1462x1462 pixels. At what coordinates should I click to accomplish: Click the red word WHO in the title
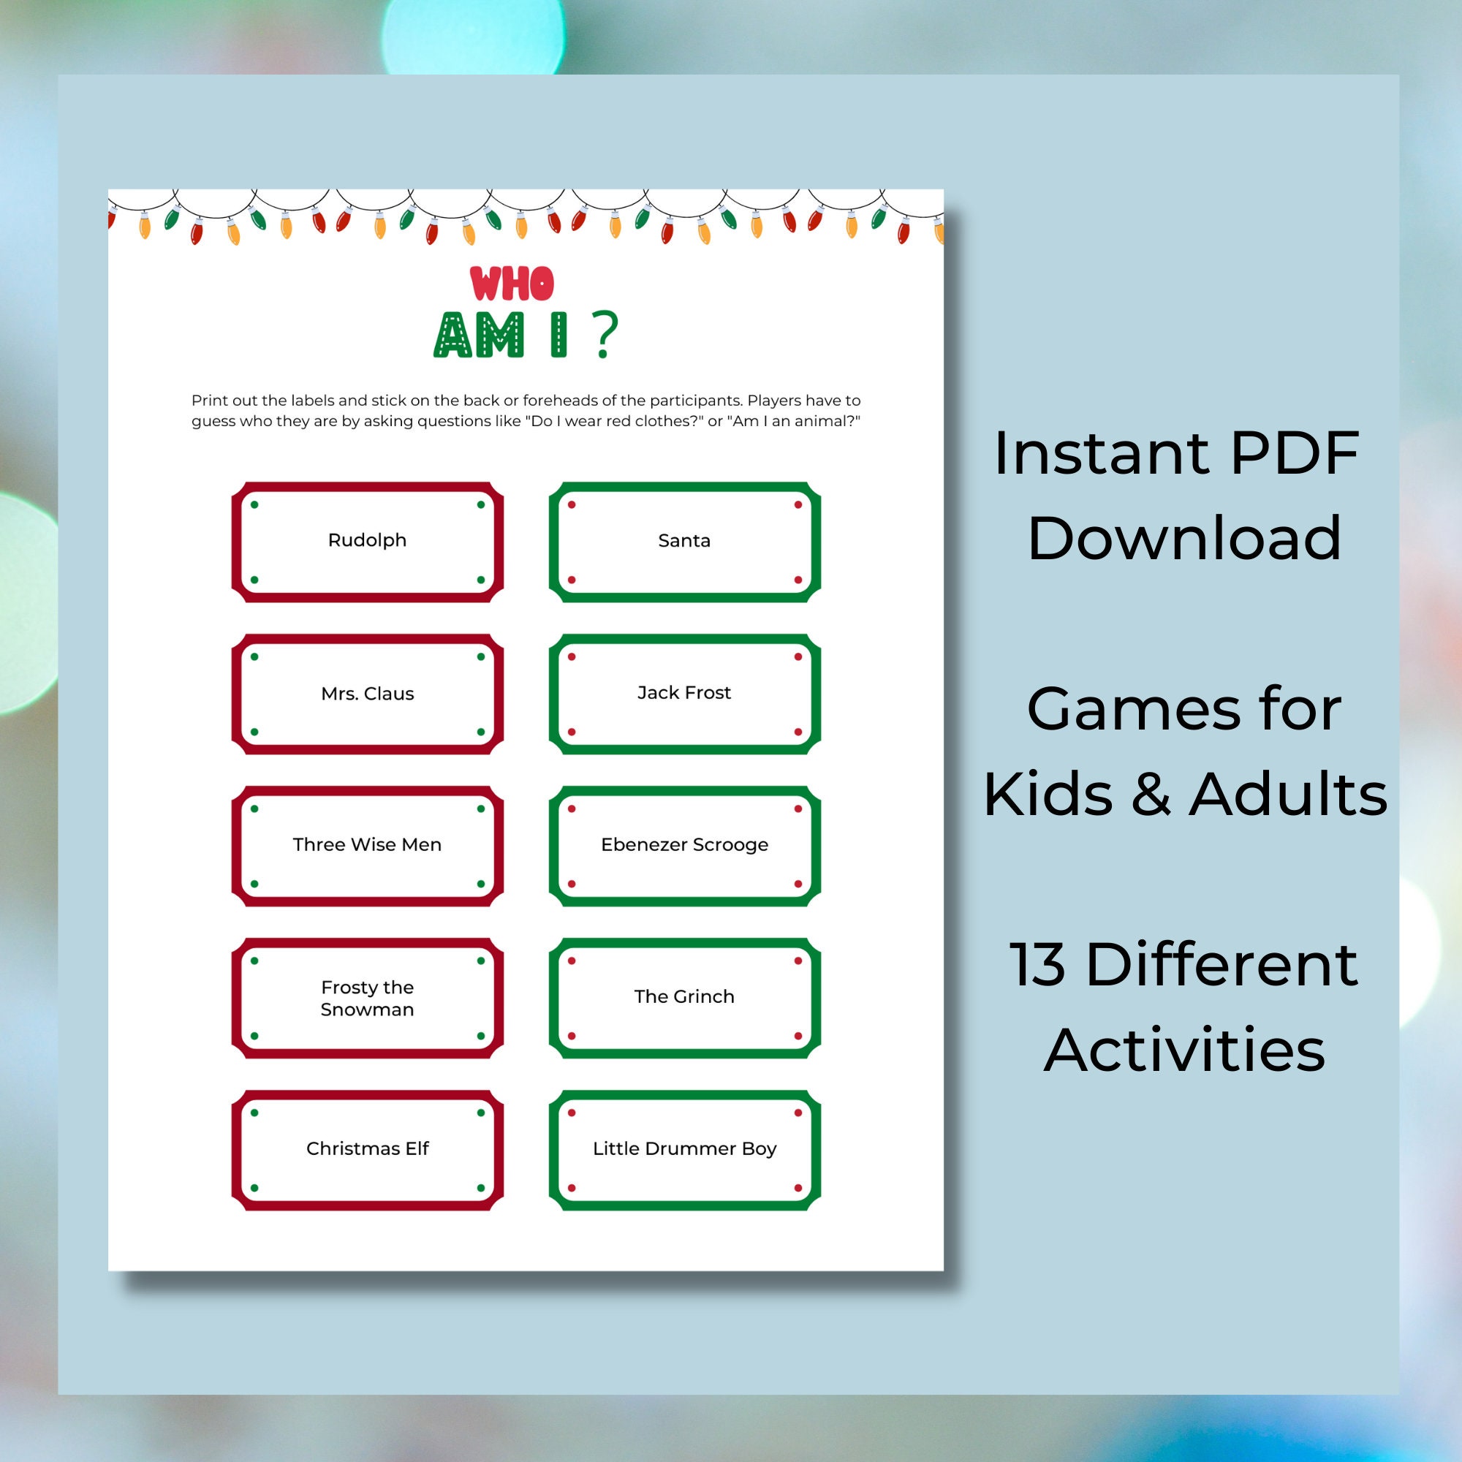[x=512, y=284]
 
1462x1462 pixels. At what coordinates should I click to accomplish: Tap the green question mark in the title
[x=605, y=335]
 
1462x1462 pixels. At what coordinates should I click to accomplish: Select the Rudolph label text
[x=367, y=540]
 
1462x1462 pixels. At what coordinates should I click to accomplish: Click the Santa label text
[x=684, y=540]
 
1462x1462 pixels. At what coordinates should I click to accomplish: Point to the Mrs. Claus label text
[x=367, y=693]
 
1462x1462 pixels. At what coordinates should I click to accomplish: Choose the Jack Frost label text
[x=684, y=692]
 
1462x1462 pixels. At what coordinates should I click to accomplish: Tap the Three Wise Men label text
[x=367, y=844]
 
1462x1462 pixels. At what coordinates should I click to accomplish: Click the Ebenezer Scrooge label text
[x=684, y=844]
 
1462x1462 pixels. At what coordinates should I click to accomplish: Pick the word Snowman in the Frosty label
[x=367, y=1010]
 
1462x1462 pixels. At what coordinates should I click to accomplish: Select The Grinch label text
[x=684, y=996]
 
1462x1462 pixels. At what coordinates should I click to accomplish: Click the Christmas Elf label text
[x=367, y=1148]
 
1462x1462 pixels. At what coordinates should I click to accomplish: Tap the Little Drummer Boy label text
[x=684, y=1148]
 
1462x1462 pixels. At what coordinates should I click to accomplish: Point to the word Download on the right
[x=1184, y=538]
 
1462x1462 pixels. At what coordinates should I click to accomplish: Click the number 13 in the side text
[x=1037, y=965]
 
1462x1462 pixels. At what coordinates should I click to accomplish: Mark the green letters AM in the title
[x=479, y=335]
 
